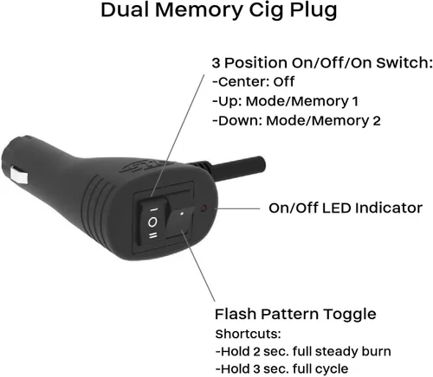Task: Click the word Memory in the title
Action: pyautogui.click(x=199, y=10)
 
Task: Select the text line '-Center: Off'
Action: pyautogui.click(x=253, y=82)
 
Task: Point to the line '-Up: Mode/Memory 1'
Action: pyautogui.click(x=285, y=101)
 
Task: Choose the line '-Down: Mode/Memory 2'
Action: pyautogui.click(x=296, y=121)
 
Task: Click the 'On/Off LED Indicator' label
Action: pyautogui.click(x=346, y=208)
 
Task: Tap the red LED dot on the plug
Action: pyautogui.click(x=204, y=208)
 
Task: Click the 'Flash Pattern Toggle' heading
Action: pyautogui.click(x=295, y=314)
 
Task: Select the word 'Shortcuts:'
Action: pyautogui.click(x=248, y=334)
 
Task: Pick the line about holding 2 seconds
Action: pyautogui.click(x=303, y=351)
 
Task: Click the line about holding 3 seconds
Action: pyautogui.click(x=281, y=368)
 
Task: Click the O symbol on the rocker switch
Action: pyautogui.click(x=152, y=222)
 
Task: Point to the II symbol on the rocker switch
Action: pyautogui.click(x=153, y=236)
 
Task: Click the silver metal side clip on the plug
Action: pyautogui.click(x=19, y=175)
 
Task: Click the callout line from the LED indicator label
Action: pyautogui.click(x=239, y=208)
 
